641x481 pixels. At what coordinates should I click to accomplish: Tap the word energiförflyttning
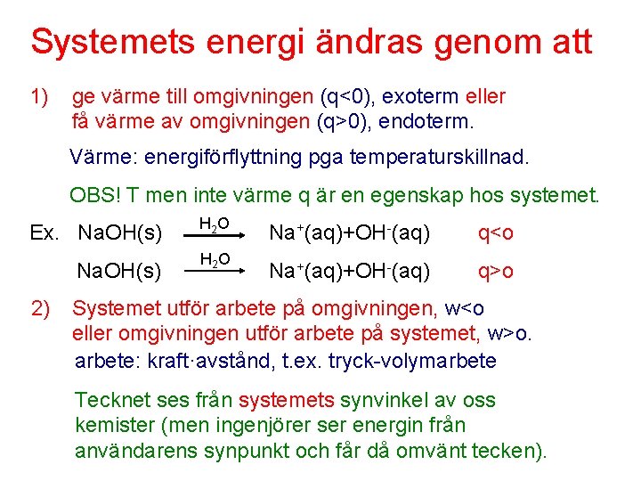coord(228,159)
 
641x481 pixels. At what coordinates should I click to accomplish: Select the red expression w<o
coord(464,309)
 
